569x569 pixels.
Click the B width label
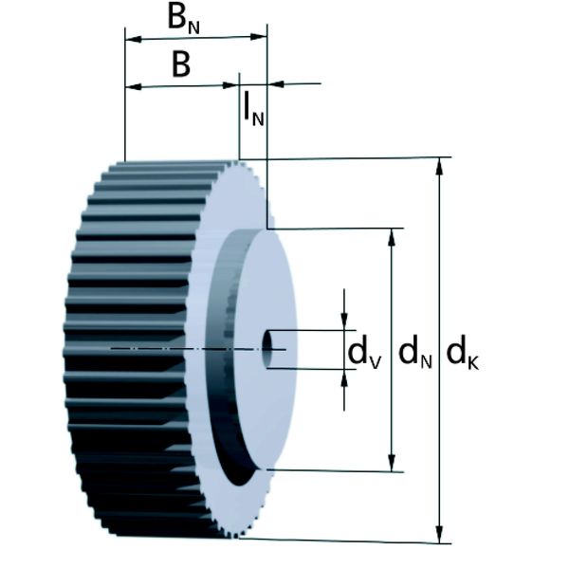[x=180, y=64]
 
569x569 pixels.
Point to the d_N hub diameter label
[x=414, y=351]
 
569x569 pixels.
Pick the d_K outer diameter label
[x=462, y=351]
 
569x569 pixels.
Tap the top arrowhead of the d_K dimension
[x=439, y=166]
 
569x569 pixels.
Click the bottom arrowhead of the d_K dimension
[x=439, y=536]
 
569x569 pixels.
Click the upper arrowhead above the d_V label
[x=344, y=321]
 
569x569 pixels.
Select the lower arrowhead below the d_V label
[x=344, y=378]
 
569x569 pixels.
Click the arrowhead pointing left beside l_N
[x=276, y=84]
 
